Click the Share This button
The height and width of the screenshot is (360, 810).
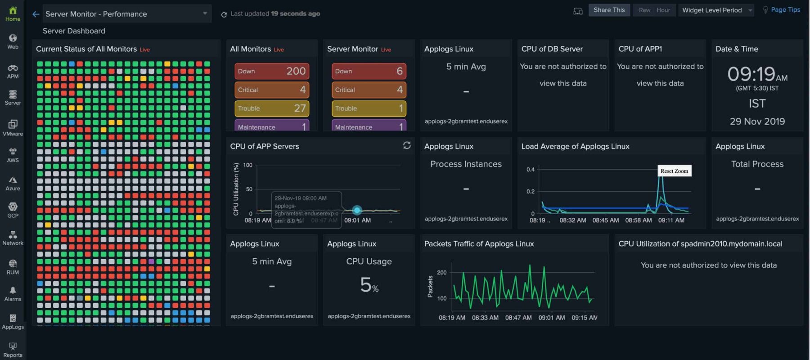609,10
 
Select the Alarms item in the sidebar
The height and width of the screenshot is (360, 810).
13,294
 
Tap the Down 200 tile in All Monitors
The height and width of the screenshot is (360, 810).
272,71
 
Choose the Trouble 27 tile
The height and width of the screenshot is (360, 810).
272,108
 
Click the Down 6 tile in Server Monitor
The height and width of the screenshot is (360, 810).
369,71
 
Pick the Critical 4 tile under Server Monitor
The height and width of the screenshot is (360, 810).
369,90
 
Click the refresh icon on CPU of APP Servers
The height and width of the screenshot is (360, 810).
407,145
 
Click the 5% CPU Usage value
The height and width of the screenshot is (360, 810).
369,285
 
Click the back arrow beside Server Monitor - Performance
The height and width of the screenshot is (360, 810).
36,14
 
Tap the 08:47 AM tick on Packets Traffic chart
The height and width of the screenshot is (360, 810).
518,318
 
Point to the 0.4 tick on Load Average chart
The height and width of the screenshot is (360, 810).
531,170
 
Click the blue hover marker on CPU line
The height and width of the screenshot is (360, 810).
357,210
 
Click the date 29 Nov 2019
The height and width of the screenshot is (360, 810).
757,121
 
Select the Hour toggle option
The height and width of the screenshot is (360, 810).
663,10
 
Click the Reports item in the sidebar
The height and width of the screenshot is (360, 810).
13,350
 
